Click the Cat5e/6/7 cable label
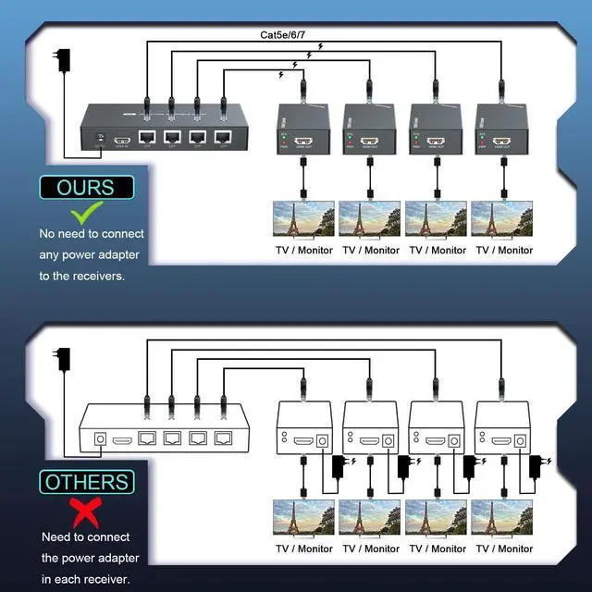coord(288,35)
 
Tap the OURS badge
coord(85,188)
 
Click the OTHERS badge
coord(86,482)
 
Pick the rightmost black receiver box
coord(500,129)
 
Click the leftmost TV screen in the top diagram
coord(302,220)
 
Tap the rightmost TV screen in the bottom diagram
coord(502,519)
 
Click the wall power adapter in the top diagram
coord(63,61)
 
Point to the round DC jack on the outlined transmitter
coord(100,442)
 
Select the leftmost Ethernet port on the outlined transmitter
coord(146,441)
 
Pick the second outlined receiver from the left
coord(370,427)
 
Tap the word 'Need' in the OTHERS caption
coord(57,536)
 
